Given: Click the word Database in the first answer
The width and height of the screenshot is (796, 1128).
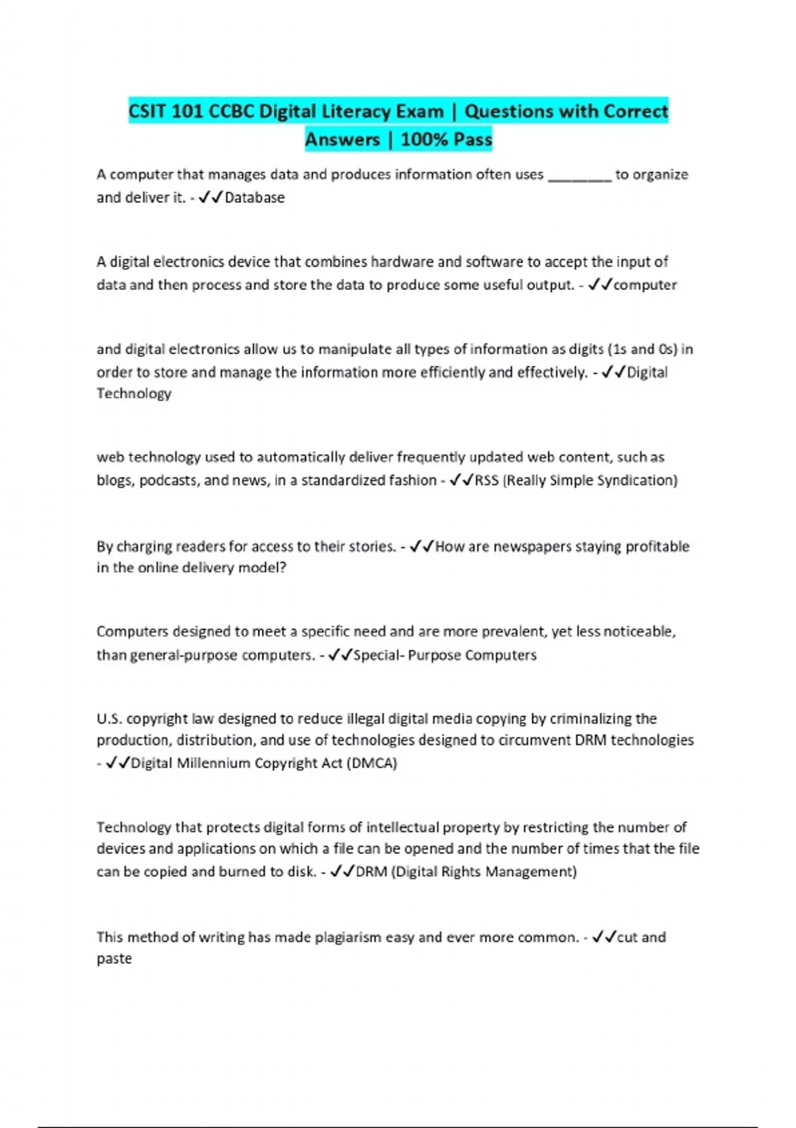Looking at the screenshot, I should [x=255, y=198].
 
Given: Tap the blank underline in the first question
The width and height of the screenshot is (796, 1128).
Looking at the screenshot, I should [x=579, y=176].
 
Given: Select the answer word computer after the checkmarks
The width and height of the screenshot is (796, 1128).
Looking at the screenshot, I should [x=645, y=285].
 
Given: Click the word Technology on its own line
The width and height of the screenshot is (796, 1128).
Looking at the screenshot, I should [x=134, y=393].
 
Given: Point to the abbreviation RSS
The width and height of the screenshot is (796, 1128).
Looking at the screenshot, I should [x=486, y=480].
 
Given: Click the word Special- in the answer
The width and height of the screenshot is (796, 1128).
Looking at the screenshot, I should [x=378, y=656].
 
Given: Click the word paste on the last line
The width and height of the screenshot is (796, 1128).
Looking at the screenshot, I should [x=114, y=959].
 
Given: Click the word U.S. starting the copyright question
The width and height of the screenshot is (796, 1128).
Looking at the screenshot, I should [x=109, y=719].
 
